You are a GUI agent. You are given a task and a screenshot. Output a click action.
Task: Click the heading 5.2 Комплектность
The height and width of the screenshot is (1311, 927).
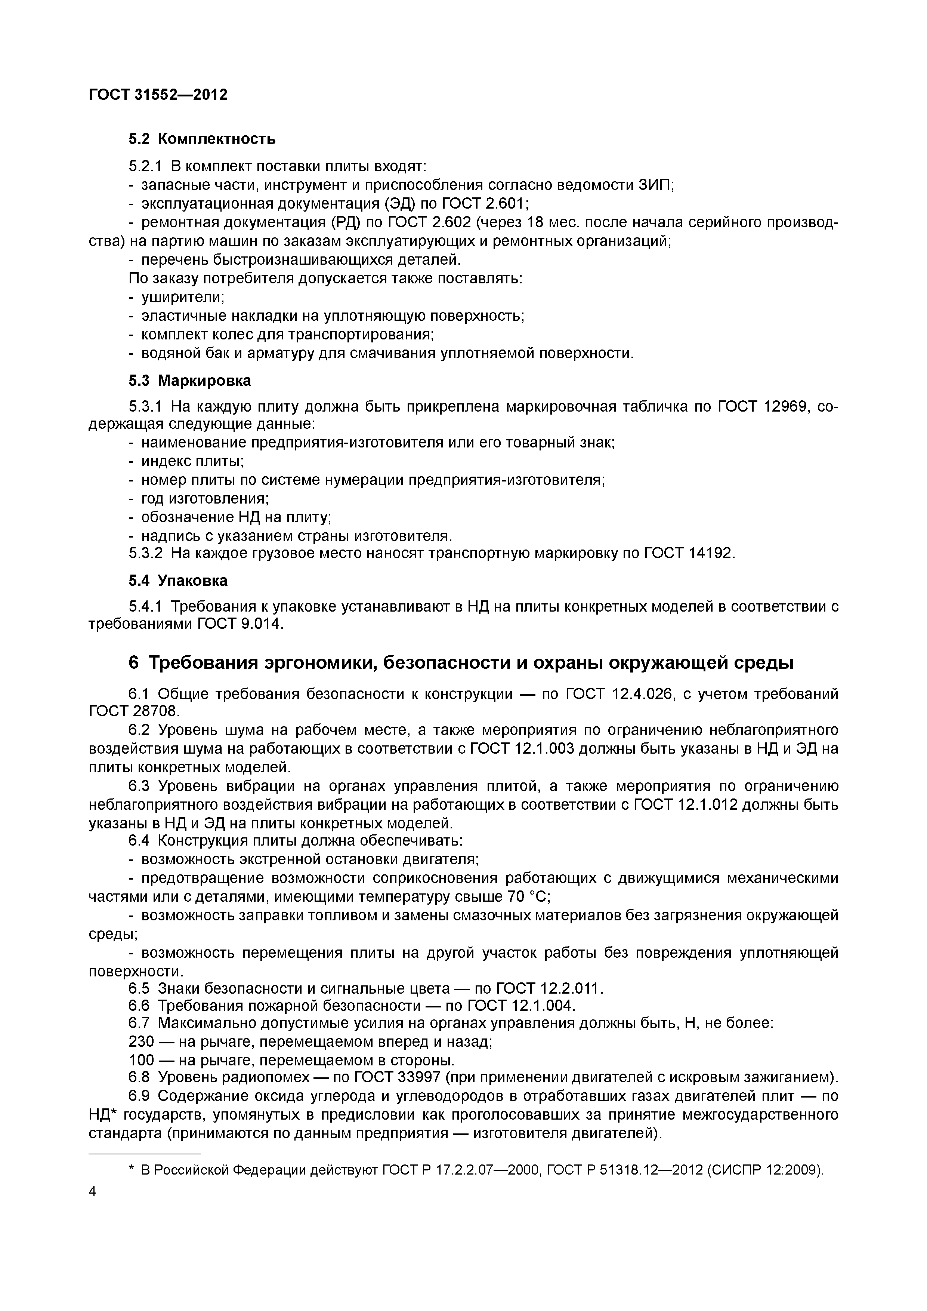[x=201, y=139]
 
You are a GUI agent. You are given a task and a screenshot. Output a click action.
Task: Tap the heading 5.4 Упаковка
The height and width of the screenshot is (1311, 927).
[x=177, y=581]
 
